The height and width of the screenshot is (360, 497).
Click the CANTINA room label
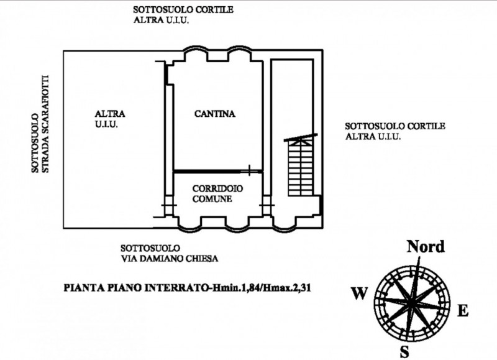click(214, 114)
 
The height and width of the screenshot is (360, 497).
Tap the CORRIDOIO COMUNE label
click(217, 194)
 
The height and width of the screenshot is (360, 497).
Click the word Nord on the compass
click(426, 246)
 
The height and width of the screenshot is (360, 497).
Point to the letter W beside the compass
click(359, 293)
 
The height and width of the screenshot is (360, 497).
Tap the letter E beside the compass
click(463, 311)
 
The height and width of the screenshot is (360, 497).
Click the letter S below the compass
click(404, 352)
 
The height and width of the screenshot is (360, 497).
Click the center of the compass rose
click(411, 303)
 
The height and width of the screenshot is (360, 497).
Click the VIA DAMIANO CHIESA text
click(170, 259)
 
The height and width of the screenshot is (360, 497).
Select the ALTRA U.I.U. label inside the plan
click(110, 119)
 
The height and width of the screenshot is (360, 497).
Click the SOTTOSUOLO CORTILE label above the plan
click(183, 9)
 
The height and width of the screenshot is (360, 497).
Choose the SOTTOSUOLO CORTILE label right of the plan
click(395, 126)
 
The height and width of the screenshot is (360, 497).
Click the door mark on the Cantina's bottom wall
click(250, 170)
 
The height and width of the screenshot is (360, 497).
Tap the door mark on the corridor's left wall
click(168, 205)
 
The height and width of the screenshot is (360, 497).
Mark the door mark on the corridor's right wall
click(267, 205)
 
